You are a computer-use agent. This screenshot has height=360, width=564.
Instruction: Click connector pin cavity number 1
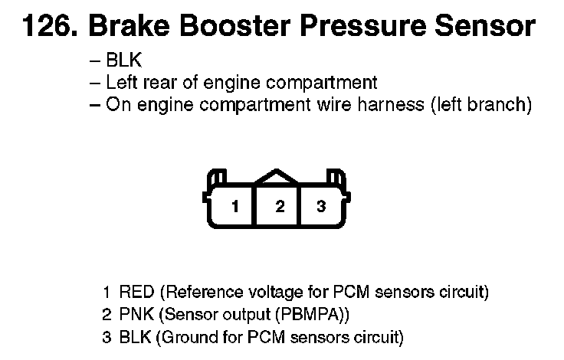[237, 206]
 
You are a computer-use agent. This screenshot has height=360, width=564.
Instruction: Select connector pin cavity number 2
[280, 206]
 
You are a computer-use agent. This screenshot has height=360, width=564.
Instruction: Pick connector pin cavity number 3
[321, 206]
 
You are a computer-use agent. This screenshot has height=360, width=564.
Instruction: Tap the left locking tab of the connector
[217, 178]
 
